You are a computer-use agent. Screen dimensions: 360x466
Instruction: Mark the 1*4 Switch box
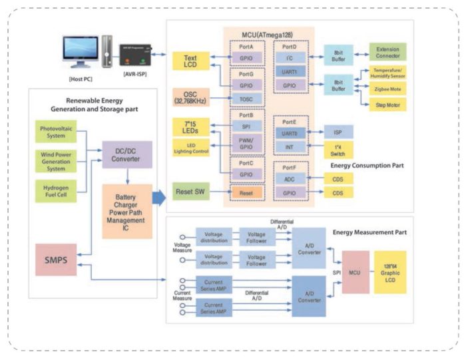[x=338, y=150]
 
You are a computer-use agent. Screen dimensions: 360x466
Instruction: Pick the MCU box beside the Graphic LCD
[x=355, y=271]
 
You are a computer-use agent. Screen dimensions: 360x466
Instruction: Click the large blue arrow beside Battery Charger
[x=158, y=197]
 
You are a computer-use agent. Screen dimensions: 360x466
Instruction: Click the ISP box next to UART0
[x=338, y=131]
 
